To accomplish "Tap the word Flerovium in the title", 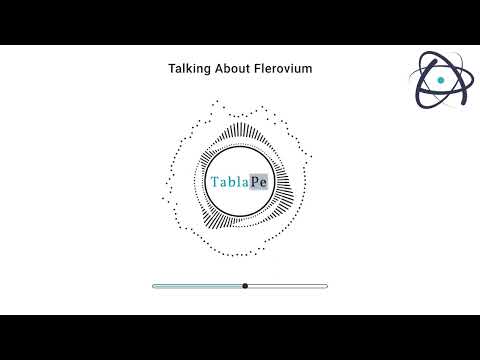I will click(285, 69).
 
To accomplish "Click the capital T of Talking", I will click(171, 69).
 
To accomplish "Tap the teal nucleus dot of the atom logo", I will click(440, 80).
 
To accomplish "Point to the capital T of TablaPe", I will click(216, 183).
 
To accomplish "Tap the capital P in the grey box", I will click(254, 183).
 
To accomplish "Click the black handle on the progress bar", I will click(245, 286).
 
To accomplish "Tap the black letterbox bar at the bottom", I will click(240, 337).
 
